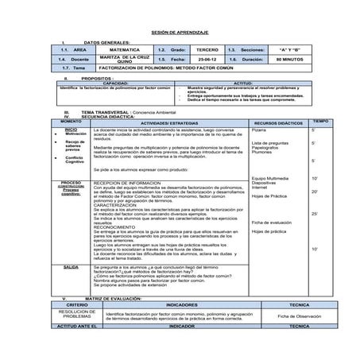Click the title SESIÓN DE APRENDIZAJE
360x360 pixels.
180,32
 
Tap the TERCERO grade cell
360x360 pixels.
205,49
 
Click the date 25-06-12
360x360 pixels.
205,59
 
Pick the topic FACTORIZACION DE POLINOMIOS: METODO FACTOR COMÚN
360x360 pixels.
152,68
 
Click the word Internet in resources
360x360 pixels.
260,188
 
